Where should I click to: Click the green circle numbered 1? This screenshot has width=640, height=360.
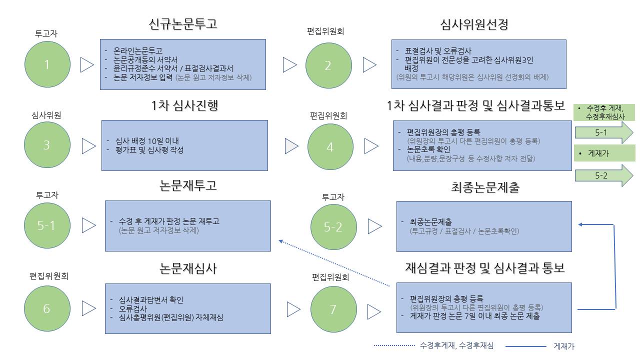[x=47, y=64]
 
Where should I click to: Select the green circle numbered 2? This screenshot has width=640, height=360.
[x=328, y=65]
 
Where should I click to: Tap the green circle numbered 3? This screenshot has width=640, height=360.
[x=47, y=145]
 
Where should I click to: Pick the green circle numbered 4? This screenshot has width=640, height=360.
[x=330, y=147]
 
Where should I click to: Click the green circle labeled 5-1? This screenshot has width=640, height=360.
[x=47, y=225]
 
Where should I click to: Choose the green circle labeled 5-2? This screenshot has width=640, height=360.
[x=333, y=227]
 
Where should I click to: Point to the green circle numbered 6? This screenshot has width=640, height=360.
[x=47, y=308]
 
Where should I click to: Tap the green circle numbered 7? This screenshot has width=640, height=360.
[x=333, y=309]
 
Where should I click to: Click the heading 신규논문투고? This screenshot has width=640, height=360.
[x=183, y=24]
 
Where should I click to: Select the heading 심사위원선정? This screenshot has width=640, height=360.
[x=474, y=24]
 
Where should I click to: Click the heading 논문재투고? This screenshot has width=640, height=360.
[x=188, y=185]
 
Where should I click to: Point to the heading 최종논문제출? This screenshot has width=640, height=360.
[x=485, y=187]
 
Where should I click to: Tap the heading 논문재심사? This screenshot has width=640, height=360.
[x=188, y=268]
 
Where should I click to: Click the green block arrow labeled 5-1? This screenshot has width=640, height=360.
[x=603, y=132]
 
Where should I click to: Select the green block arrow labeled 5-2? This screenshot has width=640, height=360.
[x=603, y=175]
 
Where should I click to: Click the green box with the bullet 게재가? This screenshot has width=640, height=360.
[x=604, y=153]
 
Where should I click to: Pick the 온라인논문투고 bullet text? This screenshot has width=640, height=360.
[x=138, y=51]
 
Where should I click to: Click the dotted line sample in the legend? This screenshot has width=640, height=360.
[x=394, y=345]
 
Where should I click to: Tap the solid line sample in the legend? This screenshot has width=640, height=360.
[x=525, y=346]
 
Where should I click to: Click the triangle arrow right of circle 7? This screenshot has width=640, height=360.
[x=374, y=311]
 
